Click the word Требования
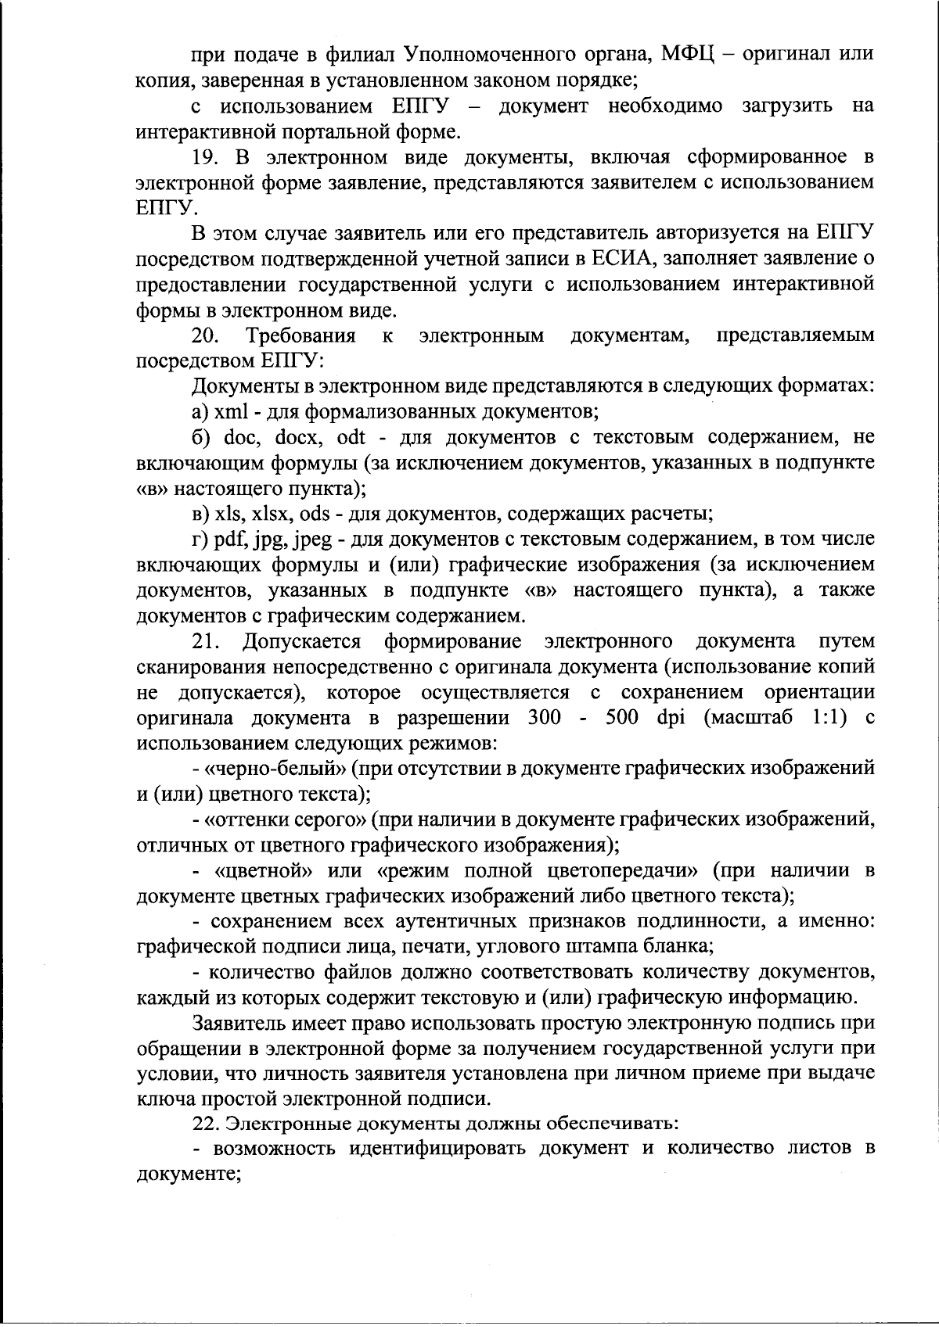click(x=301, y=336)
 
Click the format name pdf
click(x=232, y=540)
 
